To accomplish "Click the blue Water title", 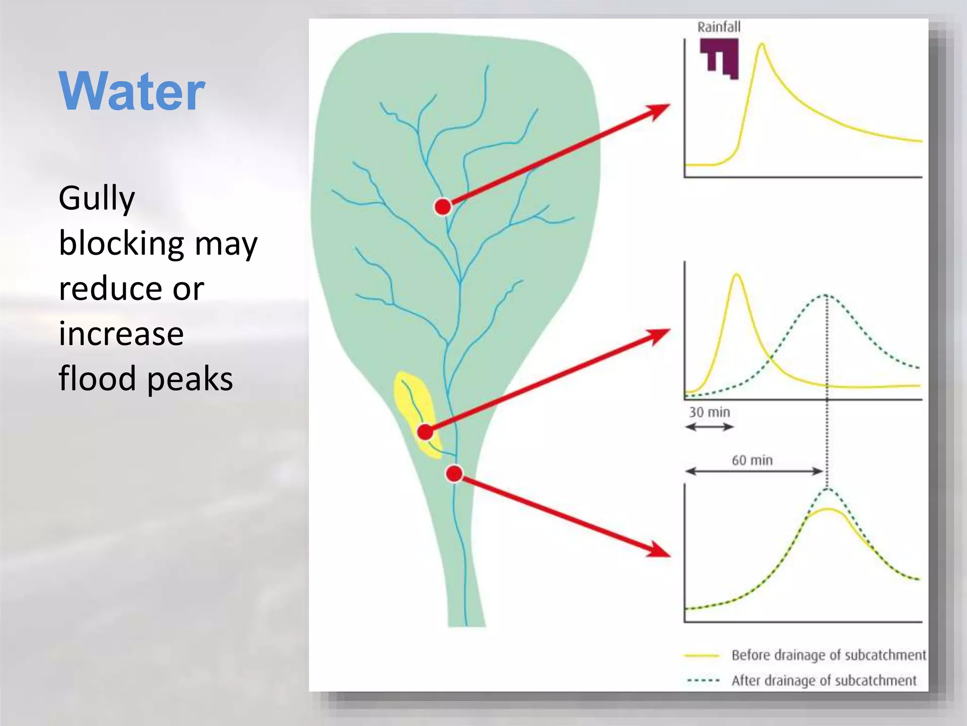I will point(132,91).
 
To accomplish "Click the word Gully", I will point(97,199).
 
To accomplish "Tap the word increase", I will point(121,334).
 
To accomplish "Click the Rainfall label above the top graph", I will point(719,27).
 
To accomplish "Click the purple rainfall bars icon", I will point(720,58).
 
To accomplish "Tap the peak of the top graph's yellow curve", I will point(762,45).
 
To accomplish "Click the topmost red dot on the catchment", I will point(443,207).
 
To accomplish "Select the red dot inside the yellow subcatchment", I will point(425,432).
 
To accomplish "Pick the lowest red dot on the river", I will point(454,473).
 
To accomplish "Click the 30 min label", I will point(709,413).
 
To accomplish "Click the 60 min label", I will point(752,460).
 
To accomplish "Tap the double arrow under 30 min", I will point(709,427).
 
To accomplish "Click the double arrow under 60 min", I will point(754,471).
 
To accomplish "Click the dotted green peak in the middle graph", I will point(825,295).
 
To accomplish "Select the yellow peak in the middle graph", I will point(737,275).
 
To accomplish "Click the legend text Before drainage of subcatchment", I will point(828,655).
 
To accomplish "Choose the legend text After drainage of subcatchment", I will point(823,681).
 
